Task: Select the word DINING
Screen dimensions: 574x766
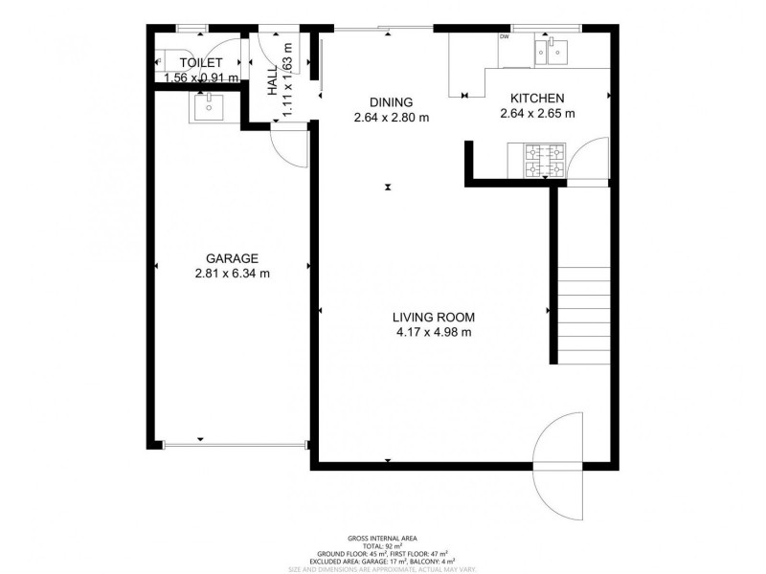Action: click(x=390, y=102)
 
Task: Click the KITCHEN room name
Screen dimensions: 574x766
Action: click(x=536, y=98)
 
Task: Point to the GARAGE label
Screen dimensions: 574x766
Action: click(x=232, y=257)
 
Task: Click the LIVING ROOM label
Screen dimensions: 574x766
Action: click(x=435, y=318)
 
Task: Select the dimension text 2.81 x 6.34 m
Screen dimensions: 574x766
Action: click(x=232, y=273)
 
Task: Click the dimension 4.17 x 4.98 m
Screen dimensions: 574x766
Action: click(x=435, y=333)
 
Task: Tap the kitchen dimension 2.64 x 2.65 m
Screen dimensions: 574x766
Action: click(x=536, y=113)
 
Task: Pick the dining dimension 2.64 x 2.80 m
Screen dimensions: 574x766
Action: click(x=390, y=118)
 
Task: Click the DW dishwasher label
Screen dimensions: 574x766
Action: click(x=504, y=37)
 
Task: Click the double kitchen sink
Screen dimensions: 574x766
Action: click(x=552, y=51)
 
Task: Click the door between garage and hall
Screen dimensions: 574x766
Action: click(x=286, y=143)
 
